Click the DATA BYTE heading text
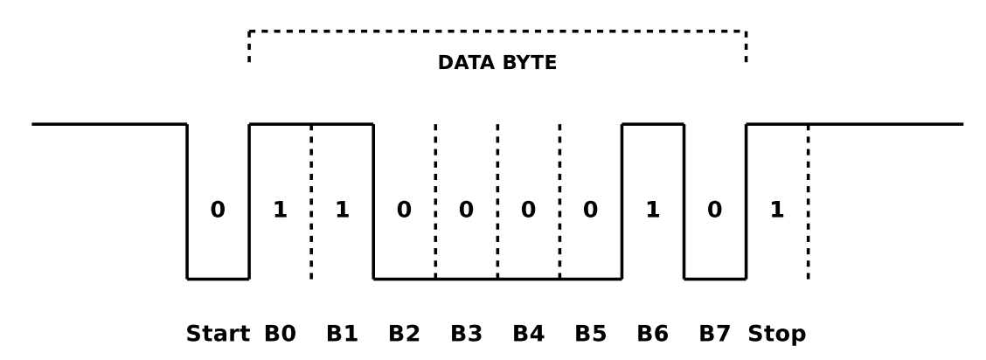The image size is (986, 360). (x=496, y=63)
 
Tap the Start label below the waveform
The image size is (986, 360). (x=218, y=334)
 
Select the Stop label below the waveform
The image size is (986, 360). (x=776, y=334)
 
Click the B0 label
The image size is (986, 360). (x=280, y=334)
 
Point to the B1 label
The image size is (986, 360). (x=342, y=334)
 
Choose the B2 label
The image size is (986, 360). (x=404, y=334)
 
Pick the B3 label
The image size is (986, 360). (x=466, y=334)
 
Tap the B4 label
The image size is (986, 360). (x=528, y=334)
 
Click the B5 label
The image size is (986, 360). (x=590, y=334)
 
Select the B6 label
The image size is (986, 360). (x=652, y=334)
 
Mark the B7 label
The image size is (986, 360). (x=714, y=334)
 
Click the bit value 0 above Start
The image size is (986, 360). (x=218, y=211)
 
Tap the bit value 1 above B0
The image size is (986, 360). (x=280, y=211)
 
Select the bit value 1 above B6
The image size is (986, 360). (x=652, y=211)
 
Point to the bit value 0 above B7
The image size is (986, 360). (x=714, y=211)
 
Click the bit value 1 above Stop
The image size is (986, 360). (x=776, y=211)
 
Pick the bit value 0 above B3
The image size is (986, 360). (x=466, y=211)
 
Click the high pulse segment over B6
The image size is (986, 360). (x=652, y=124)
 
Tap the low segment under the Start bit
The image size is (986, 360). (x=218, y=279)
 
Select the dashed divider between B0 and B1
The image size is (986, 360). (x=311, y=201)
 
